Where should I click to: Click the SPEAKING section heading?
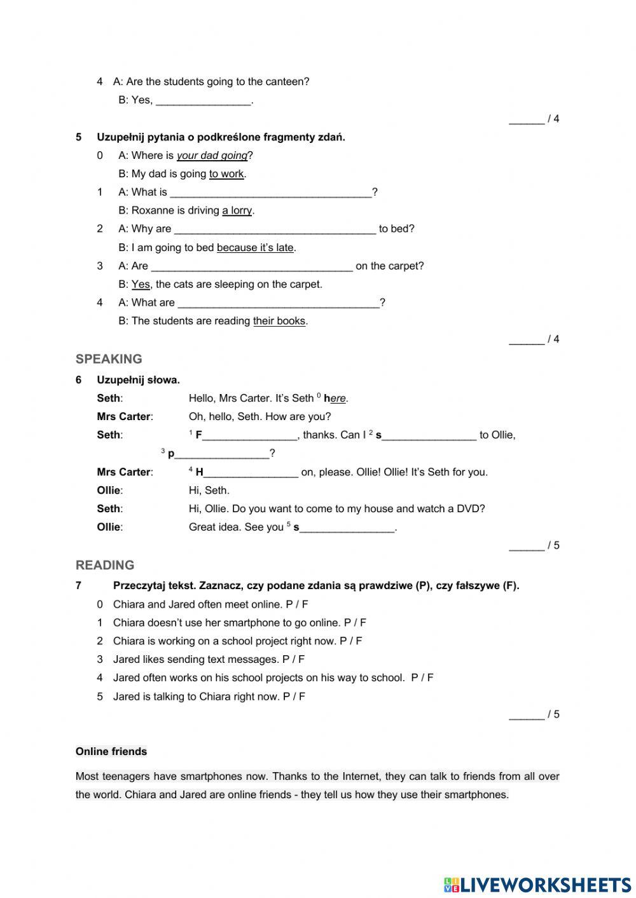[x=109, y=359]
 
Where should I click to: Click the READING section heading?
[x=105, y=566]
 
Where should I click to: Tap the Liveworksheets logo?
[x=537, y=884]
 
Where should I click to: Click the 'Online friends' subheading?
[x=111, y=751]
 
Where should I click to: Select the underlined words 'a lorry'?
[x=237, y=210]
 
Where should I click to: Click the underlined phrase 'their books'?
[x=279, y=321]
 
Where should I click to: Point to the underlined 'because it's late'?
[x=255, y=247]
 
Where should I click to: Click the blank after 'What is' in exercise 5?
[x=271, y=193]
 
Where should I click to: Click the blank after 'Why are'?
[x=275, y=229]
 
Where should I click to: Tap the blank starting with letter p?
[x=221, y=454]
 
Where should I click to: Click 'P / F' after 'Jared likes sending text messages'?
[x=293, y=659]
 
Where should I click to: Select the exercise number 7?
[x=78, y=586]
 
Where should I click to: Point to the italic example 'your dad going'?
[x=212, y=156]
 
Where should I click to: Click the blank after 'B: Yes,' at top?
[x=204, y=100]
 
